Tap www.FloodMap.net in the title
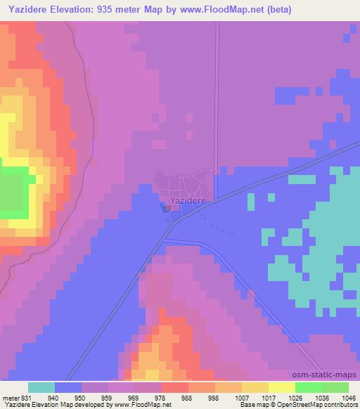pyautogui.click(x=214, y=10)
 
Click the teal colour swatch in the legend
pyautogui.click(x=41, y=387)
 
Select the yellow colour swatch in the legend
pyautogui.click(x=281, y=387)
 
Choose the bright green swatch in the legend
pyautogui.click(x=308, y=387)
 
